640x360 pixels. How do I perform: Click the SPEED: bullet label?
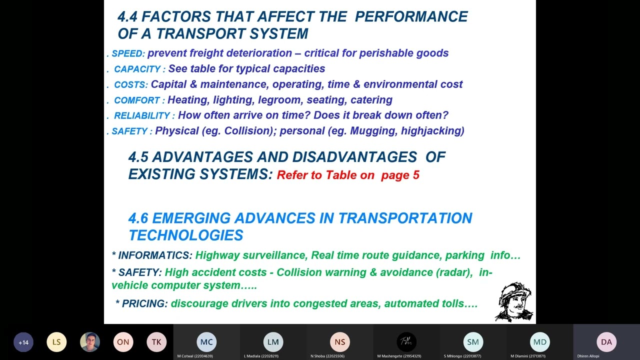128,53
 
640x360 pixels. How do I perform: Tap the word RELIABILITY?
142,115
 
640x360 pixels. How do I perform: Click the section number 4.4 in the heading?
127,16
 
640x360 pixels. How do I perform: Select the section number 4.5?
138,157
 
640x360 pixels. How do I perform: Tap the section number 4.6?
138,218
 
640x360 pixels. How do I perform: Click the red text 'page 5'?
400,175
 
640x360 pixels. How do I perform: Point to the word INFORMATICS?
155,255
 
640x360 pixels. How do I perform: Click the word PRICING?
144,303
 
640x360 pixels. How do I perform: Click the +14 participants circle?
23,342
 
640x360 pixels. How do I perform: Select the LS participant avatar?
56,342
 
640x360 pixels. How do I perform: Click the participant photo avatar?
90,342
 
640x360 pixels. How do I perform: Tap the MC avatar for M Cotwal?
206,342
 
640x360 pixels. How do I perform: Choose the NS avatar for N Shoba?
340,342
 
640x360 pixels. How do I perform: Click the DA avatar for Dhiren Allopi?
606,342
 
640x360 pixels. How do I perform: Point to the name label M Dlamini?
527,356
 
